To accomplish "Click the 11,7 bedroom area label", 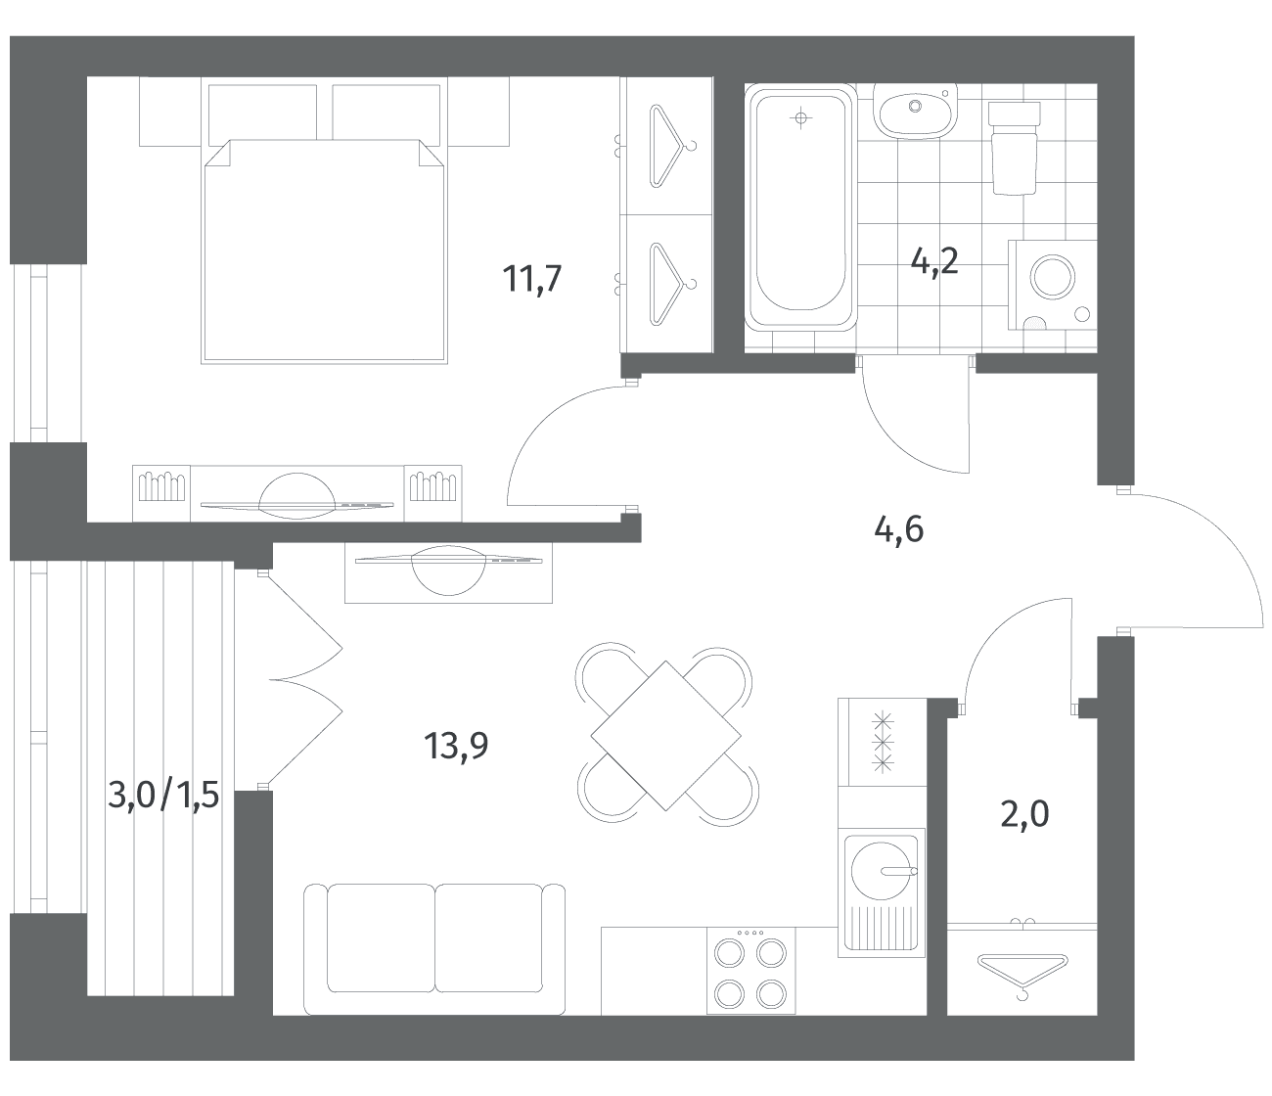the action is [x=532, y=279].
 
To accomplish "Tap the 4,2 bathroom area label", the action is [x=934, y=261].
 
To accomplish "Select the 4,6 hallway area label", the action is [x=898, y=529].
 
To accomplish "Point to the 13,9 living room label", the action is [x=456, y=746].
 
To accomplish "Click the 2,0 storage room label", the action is [x=1024, y=815].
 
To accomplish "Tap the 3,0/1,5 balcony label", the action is [x=163, y=795].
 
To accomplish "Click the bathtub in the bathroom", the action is [x=800, y=209].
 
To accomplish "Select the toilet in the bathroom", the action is [x=1014, y=148].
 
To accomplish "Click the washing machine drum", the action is [x=1053, y=277].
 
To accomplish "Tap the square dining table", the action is [x=666, y=735].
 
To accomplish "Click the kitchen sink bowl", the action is [x=881, y=870].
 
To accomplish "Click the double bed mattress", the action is [x=324, y=251].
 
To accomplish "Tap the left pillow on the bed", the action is [x=263, y=114].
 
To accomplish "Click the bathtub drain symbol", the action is [x=800, y=117].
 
